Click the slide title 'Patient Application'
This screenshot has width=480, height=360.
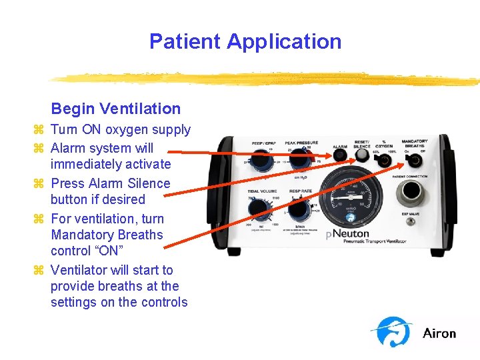point(245,41)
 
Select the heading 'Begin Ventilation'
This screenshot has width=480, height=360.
point(115,109)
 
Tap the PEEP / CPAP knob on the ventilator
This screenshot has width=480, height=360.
point(259,159)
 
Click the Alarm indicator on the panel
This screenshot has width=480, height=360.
point(341,155)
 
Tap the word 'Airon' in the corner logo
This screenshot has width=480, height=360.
point(439,333)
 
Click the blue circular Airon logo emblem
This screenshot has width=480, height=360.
point(393,331)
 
